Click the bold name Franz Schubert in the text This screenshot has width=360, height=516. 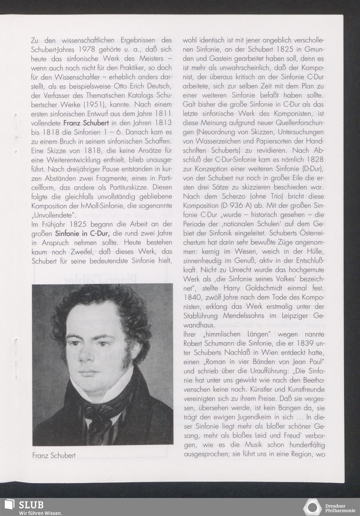[x=86, y=122]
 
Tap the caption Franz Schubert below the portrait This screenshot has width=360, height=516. [x=54, y=455]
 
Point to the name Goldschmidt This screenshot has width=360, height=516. [x=265, y=288]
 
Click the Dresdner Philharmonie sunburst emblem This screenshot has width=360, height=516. [x=312, y=507]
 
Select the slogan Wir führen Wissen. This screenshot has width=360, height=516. [x=40, y=513]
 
